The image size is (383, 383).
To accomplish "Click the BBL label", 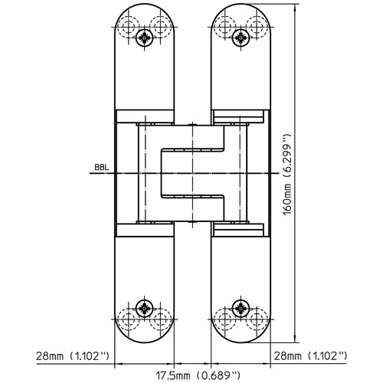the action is click(x=102, y=168).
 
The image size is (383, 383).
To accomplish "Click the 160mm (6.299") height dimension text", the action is click(x=287, y=175).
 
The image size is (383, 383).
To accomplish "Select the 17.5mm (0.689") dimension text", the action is click(x=198, y=375).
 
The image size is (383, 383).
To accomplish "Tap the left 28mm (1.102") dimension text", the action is click(x=73, y=355).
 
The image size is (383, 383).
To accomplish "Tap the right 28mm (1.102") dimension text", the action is click(x=310, y=355).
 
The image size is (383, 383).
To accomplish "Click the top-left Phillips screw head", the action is click(x=145, y=38).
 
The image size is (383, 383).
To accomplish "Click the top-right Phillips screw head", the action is click(x=241, y=38).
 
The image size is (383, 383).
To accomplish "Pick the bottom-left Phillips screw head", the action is click(x=145, y=309).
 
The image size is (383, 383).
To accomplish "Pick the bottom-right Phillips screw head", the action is click(x=241, y=309).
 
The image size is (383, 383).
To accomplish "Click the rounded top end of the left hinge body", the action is click(x=145, y=4).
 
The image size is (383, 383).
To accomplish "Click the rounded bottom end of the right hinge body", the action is click(x=241, y=342).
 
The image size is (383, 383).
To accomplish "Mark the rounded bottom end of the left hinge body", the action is click(x=145, y=342).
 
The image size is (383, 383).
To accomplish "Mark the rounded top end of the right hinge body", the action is click(x=241, y=4).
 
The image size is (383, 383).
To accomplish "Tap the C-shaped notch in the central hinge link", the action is click(x=161, y=174).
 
